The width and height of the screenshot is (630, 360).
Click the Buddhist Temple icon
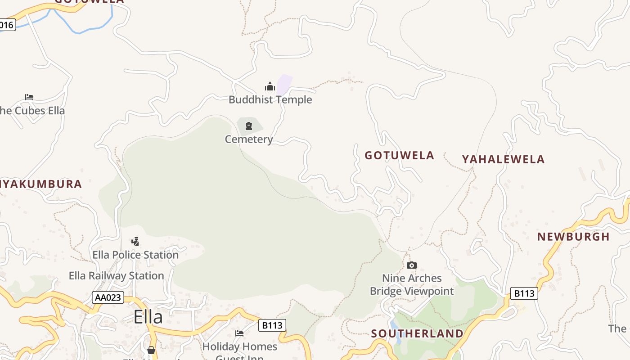click(x=270, y=86)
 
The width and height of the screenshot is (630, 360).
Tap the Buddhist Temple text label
click(x=270, y=99)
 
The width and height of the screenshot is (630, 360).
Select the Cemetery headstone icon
click(x=249, y=126)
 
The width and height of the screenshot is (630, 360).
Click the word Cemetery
click(x=249, y=139)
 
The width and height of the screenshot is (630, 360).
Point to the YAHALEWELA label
click(x=503, y=159)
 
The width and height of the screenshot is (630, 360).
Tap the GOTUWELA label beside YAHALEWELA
click(x=399, y=156)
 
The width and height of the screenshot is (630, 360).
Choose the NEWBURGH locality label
click(x=573, y=237)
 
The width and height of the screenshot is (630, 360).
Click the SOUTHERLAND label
click(x=417, y=333)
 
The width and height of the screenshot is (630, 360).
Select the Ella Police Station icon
click(x=135, y=242)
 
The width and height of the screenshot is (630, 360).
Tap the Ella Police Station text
click(x=135, y=255)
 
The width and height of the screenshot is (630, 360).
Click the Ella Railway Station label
click(x=116, y=275)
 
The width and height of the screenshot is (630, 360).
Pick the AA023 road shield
click(x=108, y=297)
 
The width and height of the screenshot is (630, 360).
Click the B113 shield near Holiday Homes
click(x=272, y=325)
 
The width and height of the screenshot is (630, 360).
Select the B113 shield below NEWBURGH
click(x=524, y=294)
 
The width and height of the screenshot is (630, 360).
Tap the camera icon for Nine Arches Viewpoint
click(x=411, y=265)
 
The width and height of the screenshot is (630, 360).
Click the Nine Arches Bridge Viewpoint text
click(x=412, y=284)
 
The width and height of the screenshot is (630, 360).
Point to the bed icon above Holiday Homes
click(x=239, y=333)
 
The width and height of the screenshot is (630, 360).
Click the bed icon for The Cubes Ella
click(x=29, y=97)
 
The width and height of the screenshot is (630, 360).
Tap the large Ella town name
click(x=148, y=317)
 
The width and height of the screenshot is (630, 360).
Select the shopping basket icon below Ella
click(x=151, y=350)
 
